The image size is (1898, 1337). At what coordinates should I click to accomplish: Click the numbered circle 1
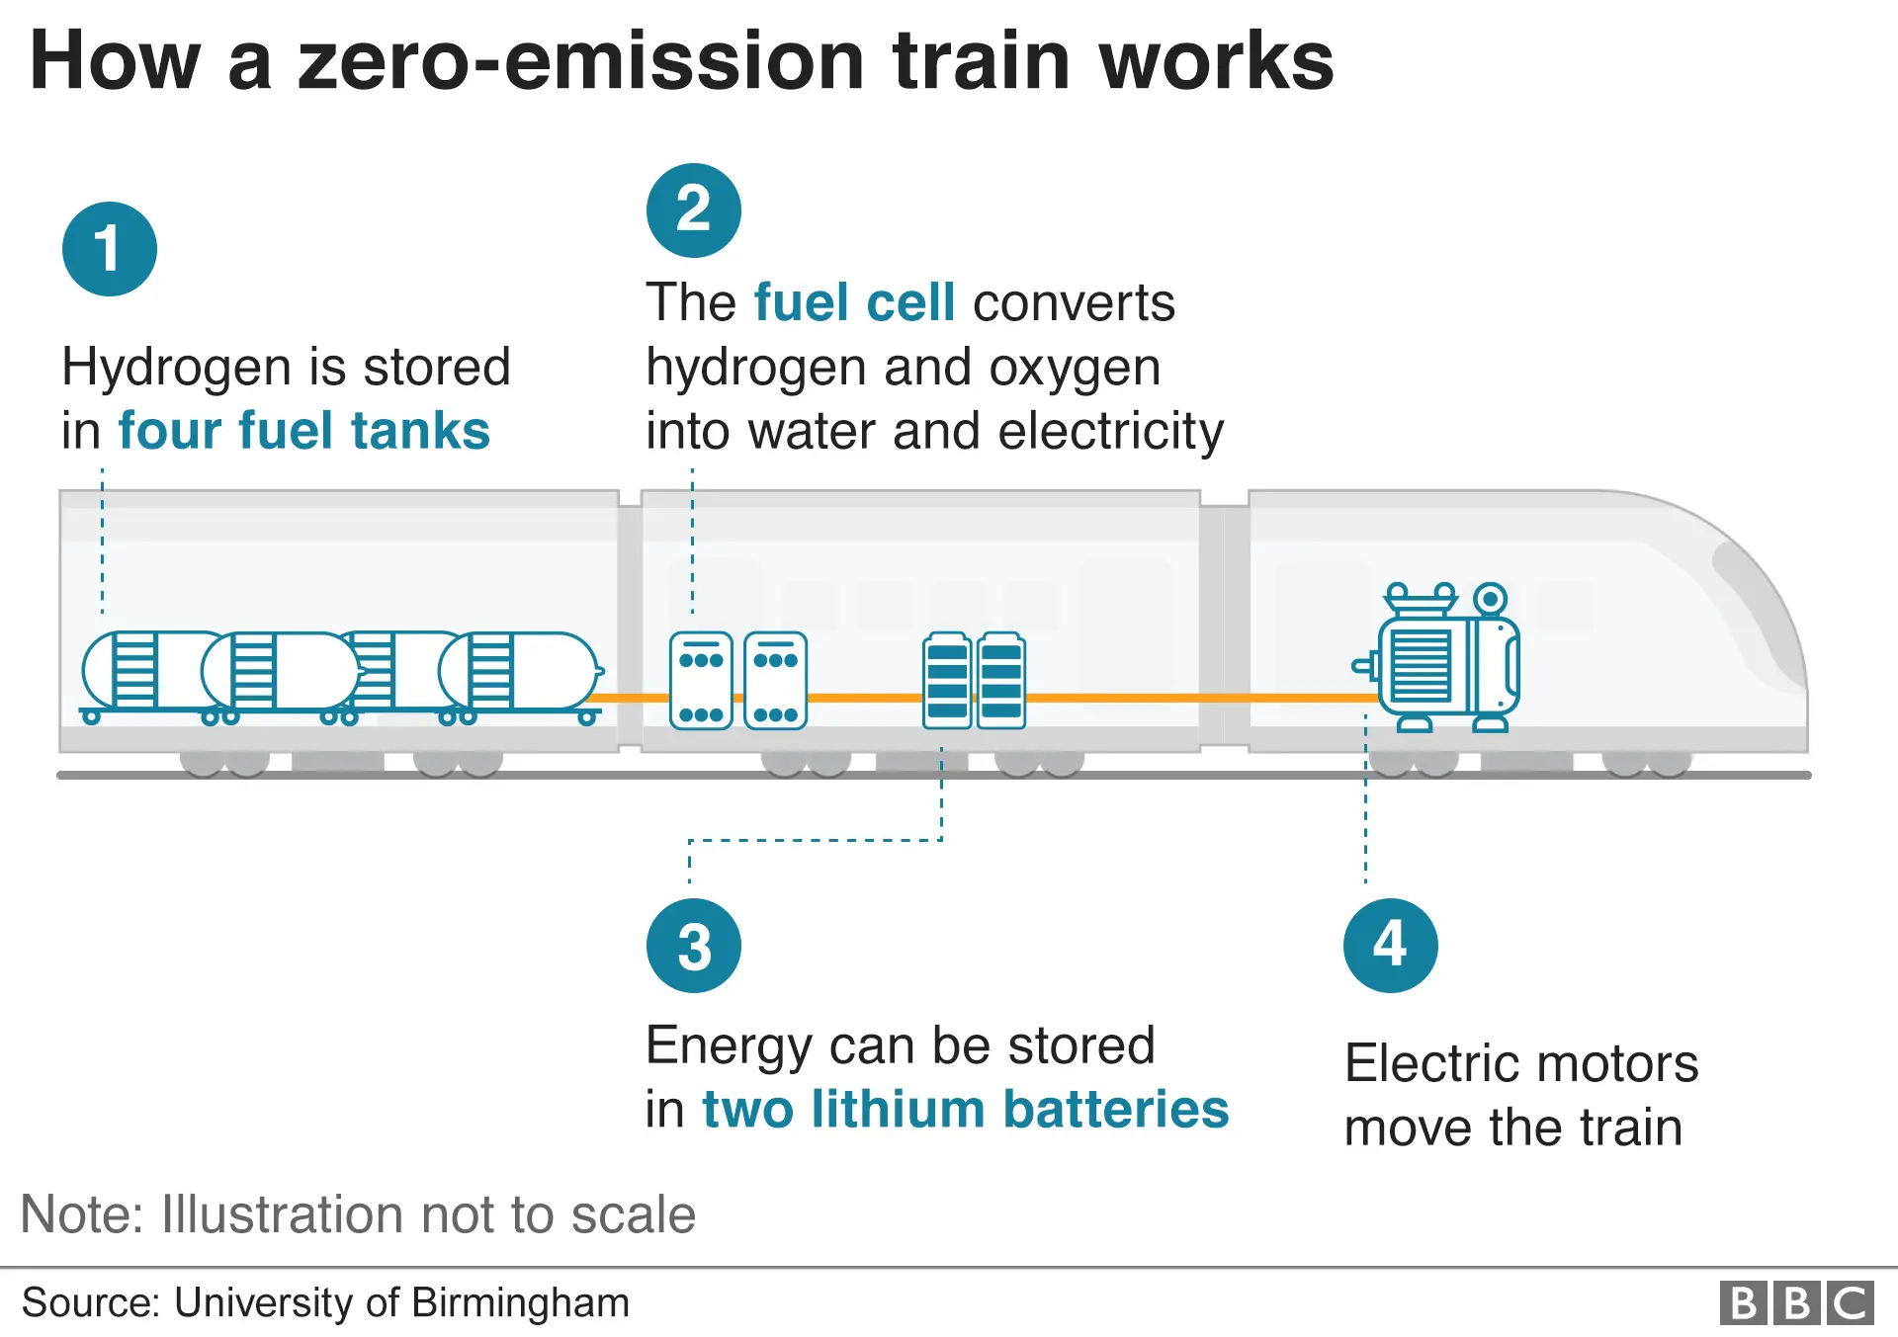click(109, 249)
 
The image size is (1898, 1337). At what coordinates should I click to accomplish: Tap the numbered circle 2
click(693, 209)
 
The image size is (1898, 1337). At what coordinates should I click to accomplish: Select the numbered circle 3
click(693, 946)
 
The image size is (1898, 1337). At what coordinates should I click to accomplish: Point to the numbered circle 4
click(1390, 945)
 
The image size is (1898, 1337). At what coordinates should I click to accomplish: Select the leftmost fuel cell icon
click(701, 681)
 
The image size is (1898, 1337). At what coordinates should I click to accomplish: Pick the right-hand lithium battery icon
click(1001, 681)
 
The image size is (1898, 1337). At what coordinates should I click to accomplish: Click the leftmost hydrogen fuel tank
click(148, 671)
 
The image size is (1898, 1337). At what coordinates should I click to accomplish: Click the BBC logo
click(1796, 1302)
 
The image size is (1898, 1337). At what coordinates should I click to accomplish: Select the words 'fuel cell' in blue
click(854, 302)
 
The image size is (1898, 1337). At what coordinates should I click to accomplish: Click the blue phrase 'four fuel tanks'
click(303, 432)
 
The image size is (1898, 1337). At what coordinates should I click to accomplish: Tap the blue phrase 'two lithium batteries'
click(965, 1109)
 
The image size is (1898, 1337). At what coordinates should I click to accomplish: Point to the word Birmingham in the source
click(520, 1302)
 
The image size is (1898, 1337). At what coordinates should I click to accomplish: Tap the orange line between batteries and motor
click(1186, 698)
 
